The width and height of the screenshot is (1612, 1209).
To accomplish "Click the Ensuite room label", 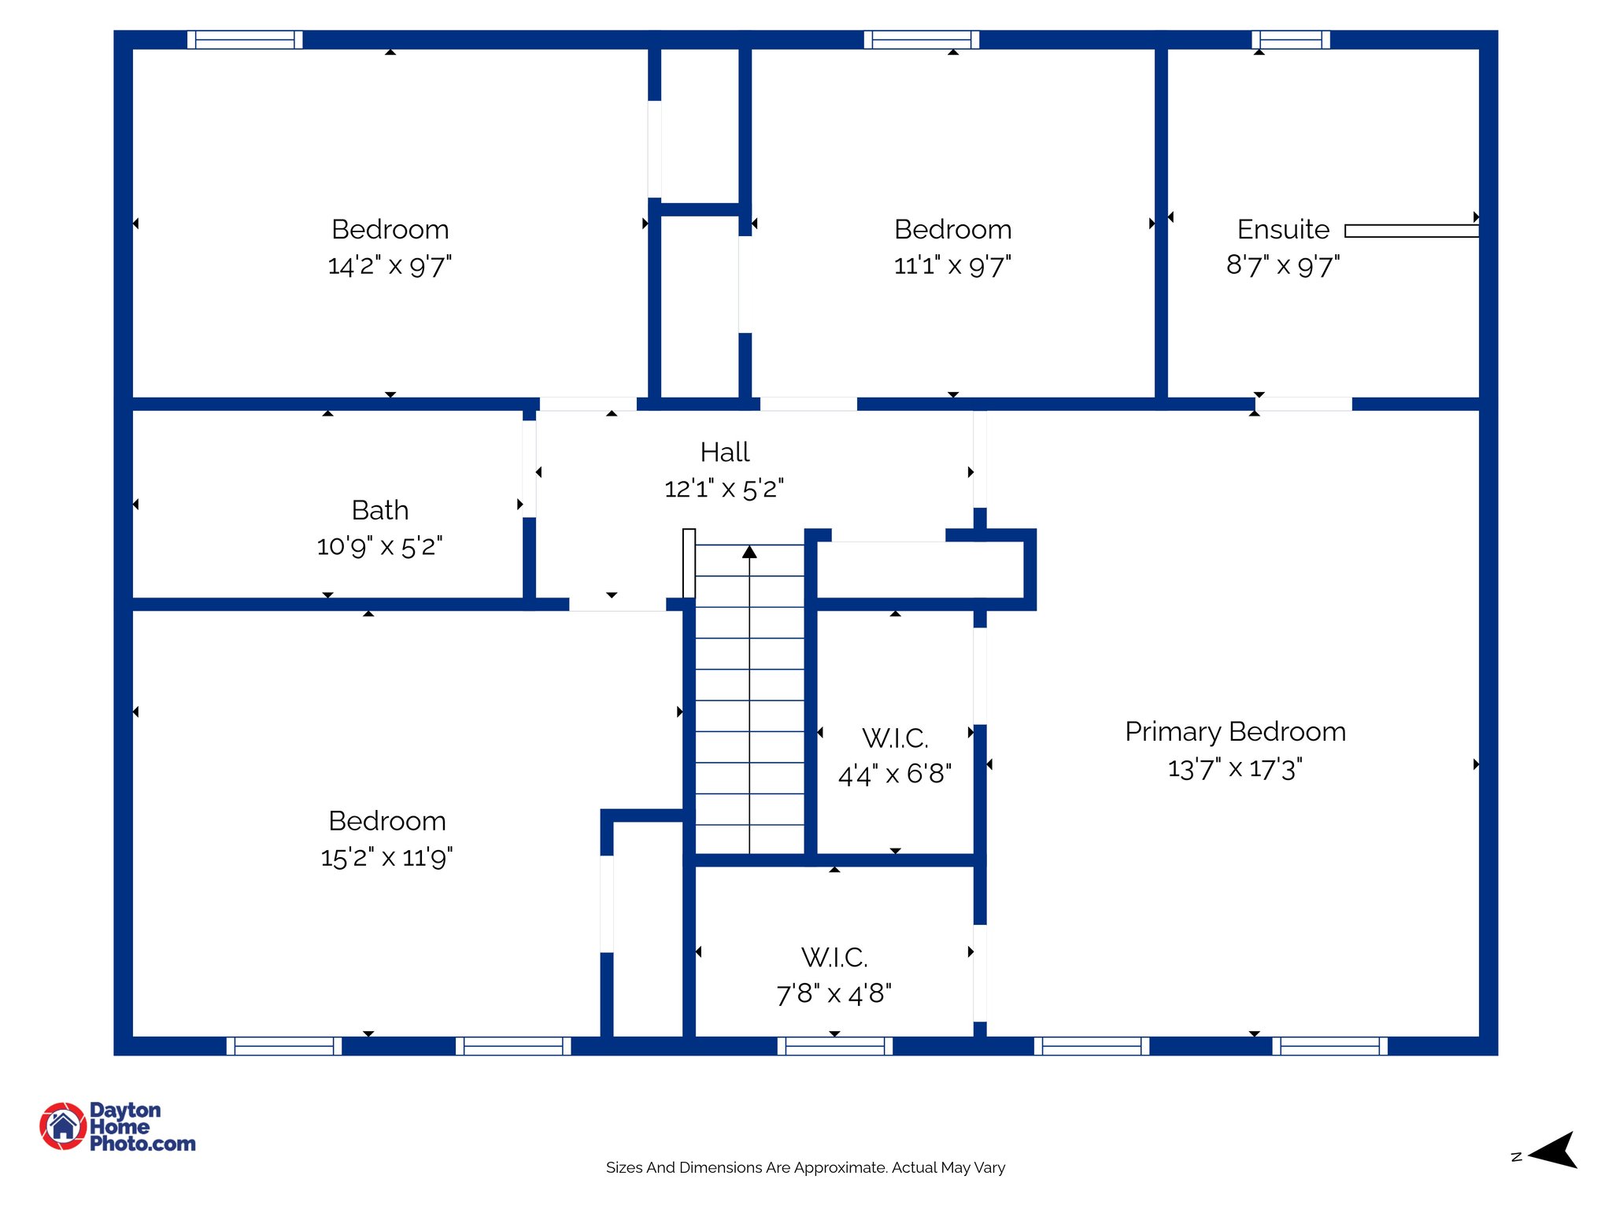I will coord(1282,229).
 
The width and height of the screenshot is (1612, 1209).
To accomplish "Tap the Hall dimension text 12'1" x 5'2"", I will coord(723,489).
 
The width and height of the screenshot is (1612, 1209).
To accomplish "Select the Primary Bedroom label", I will coord(1234,731).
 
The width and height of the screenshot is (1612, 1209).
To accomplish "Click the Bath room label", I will coord(379,510).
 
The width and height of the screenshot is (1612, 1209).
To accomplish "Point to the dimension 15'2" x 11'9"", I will coord(386,857).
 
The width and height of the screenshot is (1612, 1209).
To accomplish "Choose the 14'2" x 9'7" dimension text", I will coord(390,265).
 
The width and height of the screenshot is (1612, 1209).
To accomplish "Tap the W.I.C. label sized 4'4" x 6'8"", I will coord(895,738).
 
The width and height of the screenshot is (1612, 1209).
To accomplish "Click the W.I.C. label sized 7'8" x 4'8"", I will coord(834,957).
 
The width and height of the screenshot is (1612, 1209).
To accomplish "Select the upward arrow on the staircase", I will coord(749,553).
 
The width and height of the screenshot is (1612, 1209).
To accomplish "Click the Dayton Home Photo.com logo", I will coord(118,1126).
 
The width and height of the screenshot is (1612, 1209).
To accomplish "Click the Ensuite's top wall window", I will coord(1291,39).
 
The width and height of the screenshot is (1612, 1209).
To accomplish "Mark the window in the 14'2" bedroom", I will coord(245,39).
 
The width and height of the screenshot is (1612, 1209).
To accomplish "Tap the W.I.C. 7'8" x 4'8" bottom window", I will coord(834,1045).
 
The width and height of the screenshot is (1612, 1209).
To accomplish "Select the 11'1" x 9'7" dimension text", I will coord(952,265).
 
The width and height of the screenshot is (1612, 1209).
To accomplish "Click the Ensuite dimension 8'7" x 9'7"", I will coord(1282,265).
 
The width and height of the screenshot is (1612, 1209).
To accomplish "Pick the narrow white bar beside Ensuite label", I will coord(1411,231).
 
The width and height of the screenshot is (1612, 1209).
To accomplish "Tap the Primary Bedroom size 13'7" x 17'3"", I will coord(1234,768).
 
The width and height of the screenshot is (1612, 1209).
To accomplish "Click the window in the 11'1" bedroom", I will coord(921,39).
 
